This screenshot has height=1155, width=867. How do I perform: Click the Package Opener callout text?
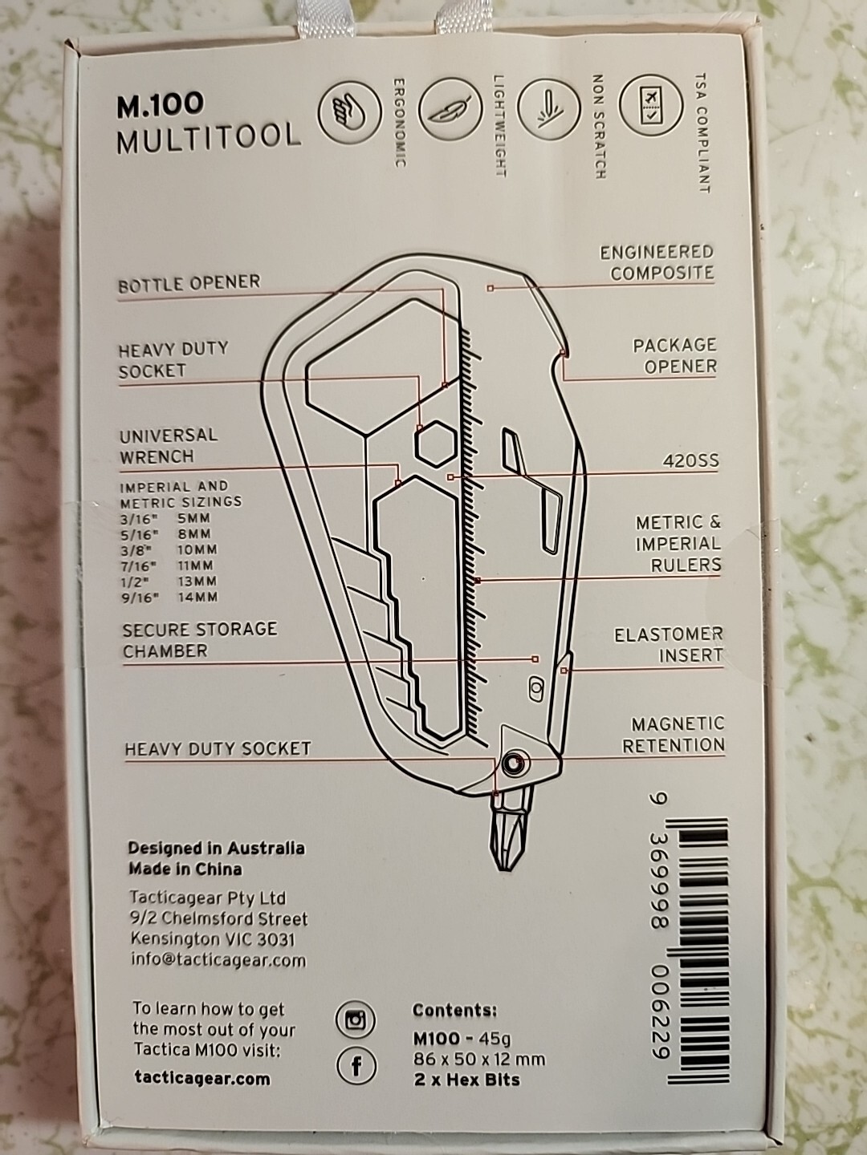click(x=675, y=355)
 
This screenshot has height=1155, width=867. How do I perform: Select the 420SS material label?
click(x=690, y=461)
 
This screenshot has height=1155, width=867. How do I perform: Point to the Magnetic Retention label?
click(x=674, y=734)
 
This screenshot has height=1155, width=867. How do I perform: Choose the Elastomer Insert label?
click(x=669, y=645)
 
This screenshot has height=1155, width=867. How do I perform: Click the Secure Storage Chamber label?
click(x=200, y=640)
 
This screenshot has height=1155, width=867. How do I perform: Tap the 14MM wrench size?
click(x=198, y=598)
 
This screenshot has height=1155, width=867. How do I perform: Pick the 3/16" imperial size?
click(x=139, y=518)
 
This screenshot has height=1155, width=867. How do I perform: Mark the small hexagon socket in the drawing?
click(x=437, y=443)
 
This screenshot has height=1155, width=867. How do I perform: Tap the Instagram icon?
click(x=356, y=1021)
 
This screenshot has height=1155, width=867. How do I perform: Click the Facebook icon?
click(x=356, y=1067)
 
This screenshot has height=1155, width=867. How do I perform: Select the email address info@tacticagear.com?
click(x=218, y=960)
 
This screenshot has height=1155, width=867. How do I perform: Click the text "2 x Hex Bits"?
click(x=466, y=1080)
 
